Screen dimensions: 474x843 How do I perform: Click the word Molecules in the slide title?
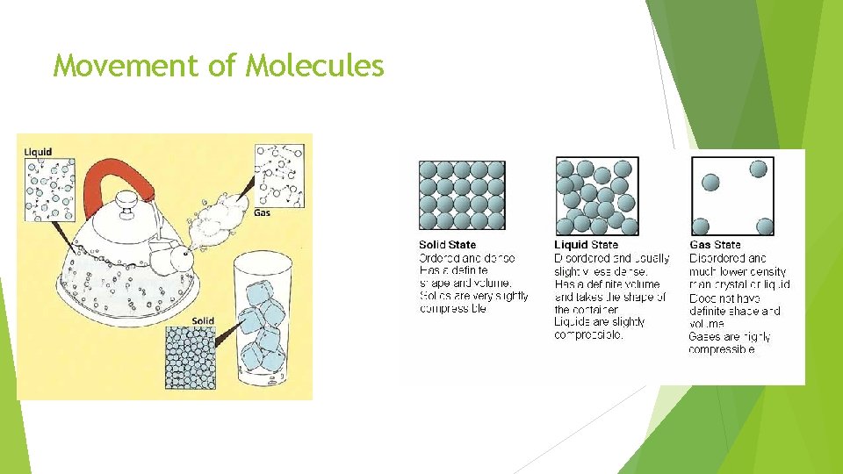pos(315,65)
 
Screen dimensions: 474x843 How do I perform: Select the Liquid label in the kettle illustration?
pos(38,152)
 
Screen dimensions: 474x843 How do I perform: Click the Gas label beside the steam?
pos(262,212)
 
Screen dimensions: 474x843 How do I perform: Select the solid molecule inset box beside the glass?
pos(191,357)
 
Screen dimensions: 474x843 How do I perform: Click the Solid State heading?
pos(447,245)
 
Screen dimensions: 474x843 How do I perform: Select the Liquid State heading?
pos(587,245)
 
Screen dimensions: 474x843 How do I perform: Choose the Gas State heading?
pos(716,245)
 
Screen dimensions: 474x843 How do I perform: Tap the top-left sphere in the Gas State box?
pos(711,183)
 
